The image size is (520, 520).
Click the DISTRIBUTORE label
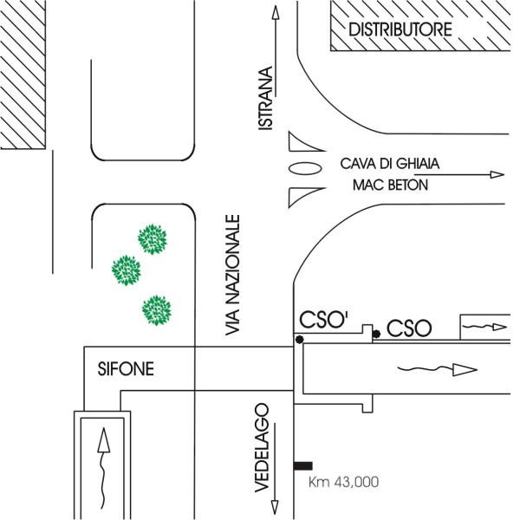click(400, 29)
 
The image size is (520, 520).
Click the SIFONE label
click(125, 370)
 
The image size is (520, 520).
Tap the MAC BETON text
click(390, 185)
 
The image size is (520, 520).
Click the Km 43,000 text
click(344, 482)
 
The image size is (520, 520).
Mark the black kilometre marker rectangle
click(303, 465)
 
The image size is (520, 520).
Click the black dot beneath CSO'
click(300, 340)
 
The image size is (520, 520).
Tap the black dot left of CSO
click(375, 333)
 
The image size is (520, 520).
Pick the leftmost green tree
click(127, 270)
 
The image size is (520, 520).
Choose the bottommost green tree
click(155, 309)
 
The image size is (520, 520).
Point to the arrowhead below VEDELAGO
click(275, 507)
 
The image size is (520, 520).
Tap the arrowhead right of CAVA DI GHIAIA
click(497, 174)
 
